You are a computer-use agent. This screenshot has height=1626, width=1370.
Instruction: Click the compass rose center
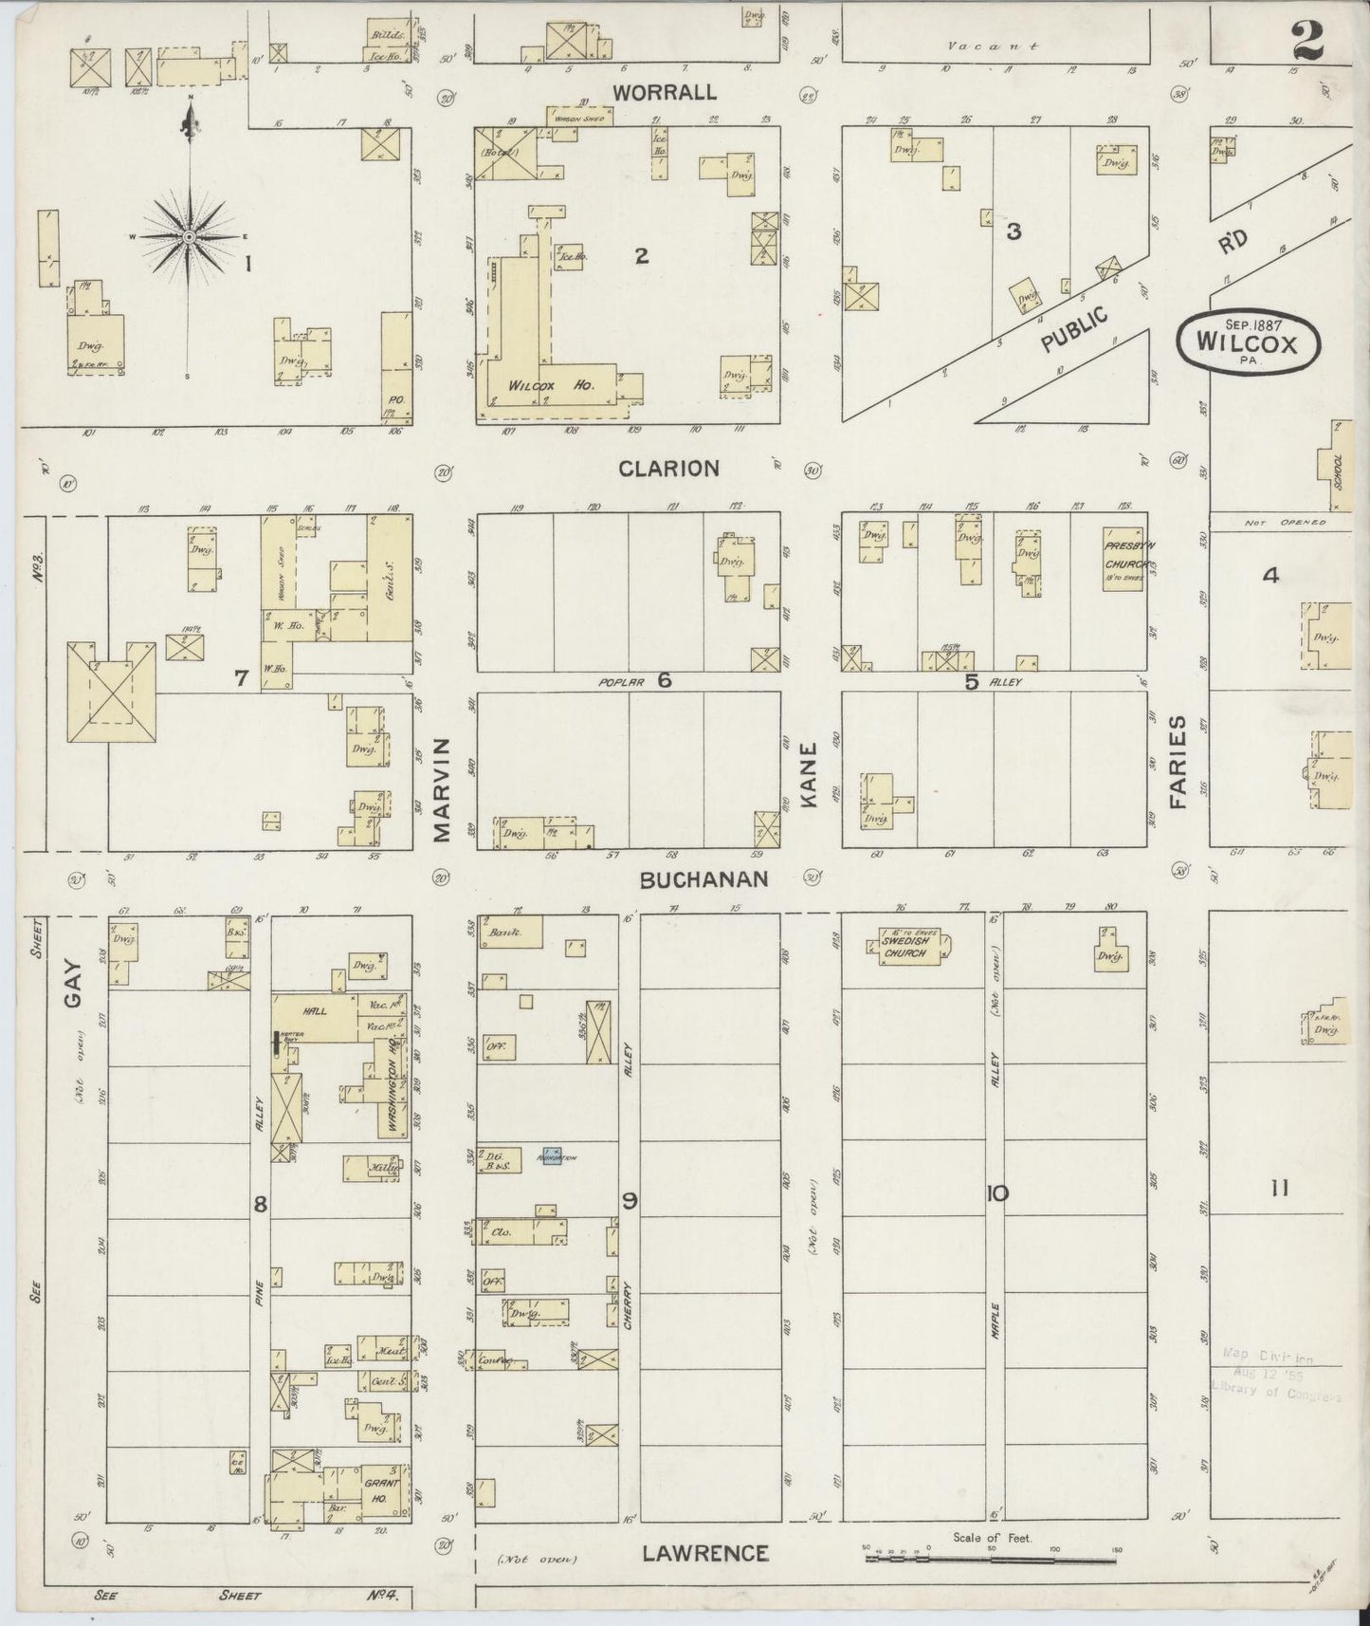(x=189, y=236)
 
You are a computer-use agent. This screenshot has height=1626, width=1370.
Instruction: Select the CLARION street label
(x=668, y=469)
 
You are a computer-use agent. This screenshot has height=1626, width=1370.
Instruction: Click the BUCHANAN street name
(x=703, y=880)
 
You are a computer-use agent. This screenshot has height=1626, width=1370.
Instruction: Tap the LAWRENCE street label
(x=703, y=1553)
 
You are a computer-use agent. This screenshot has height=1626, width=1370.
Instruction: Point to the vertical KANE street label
(x=810, y=787)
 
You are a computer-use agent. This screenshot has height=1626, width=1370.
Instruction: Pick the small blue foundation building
(x=551, y=1157)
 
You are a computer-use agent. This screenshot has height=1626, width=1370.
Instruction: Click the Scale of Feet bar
(x=991, y=1559)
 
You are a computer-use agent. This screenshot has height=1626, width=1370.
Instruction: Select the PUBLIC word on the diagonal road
(x=1075, y=329)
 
